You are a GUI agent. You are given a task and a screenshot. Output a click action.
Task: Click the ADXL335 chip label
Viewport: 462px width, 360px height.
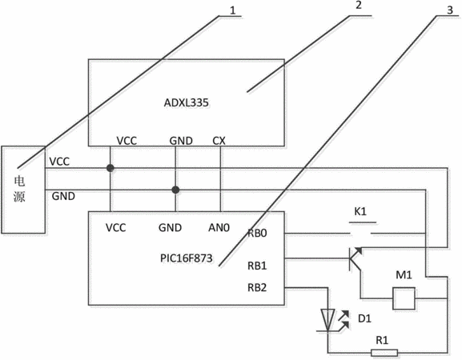click(187, 102)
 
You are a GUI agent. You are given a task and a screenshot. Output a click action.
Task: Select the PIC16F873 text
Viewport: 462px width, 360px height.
click(187, 258)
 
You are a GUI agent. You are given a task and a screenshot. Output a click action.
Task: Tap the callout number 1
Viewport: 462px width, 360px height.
click(233, 10)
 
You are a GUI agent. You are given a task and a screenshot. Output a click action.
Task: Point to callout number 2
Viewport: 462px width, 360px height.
click(358, 5)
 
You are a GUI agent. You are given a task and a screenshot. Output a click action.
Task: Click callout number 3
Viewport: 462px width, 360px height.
click(450, 10)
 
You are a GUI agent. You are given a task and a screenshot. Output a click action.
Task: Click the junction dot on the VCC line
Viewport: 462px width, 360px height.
click(110, 168)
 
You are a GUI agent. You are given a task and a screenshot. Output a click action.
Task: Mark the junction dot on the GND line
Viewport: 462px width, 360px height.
click(175, 190)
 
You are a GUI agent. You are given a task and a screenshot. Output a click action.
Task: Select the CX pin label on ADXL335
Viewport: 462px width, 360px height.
click(219, 141)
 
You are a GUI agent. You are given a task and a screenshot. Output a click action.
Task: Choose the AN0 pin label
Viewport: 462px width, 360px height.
click(219, 227)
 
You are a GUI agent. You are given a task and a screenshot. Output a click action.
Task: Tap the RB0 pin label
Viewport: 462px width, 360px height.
click(257, 233)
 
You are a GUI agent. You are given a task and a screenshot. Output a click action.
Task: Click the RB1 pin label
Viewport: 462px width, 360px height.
click(257, 266)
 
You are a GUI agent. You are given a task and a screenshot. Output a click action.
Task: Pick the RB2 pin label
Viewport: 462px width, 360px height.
click(257, 287)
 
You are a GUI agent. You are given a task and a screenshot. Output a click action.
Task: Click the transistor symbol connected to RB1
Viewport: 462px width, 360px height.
click(355, 259)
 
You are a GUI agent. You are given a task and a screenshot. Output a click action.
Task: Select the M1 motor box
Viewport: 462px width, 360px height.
click(404, 298)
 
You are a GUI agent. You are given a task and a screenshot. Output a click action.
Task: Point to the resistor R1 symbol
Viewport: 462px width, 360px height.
click(384, 353)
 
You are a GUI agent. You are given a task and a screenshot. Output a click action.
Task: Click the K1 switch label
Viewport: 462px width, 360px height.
click(360, 211)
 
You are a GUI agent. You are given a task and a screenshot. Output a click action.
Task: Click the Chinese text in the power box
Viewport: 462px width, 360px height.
click(19, 189)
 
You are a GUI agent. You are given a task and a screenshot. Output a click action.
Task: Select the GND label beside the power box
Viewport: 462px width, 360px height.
click(63, 196)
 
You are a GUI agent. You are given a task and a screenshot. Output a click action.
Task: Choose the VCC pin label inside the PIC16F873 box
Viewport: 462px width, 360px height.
click(116, 227)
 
